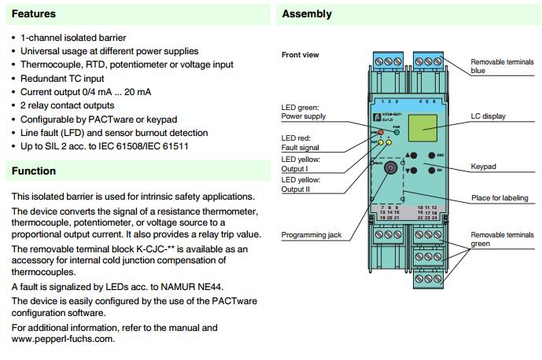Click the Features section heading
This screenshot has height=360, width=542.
33,14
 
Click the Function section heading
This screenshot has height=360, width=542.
34,171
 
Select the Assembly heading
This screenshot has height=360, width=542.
307,14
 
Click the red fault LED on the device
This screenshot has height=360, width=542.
379,133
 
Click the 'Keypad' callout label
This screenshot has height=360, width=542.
485,167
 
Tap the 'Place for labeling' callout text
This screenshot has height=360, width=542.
500,198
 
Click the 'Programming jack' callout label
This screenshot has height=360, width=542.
312,235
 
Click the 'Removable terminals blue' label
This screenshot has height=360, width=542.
500,65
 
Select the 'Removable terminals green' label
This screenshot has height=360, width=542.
500,239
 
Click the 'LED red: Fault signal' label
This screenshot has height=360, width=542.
300,142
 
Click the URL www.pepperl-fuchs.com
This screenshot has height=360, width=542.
63,339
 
